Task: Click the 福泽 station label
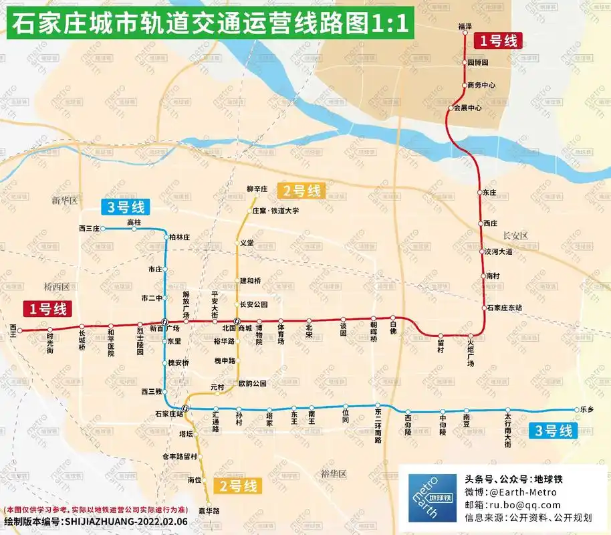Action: pyautogui.click(x=465, y=26)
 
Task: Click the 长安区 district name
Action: pyautogui.click(x=515, y=235)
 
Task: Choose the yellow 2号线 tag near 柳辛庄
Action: pyautogui.click(x=303, y=191)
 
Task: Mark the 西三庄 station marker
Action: pyautogui.click(x=104, y=229)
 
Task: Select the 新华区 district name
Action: pyautogui.click(x=65, y=200)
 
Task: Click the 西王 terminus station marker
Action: pyautogui.click(x=19, y=330)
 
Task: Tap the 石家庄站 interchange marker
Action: pyautogui.click(x=185, y=409)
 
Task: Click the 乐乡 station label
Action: pyautogui.click(x=588, y=409)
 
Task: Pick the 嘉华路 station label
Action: pyautogui.click(x=213, y=510)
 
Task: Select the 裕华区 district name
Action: pyautogui.click(x=334, y=473)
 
